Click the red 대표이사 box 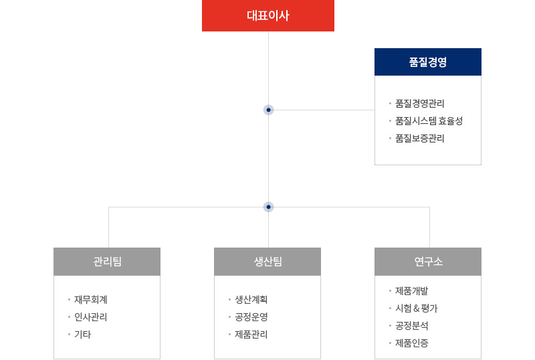tap(268, 15)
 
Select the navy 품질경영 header tap(428, 62)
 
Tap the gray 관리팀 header tap(107, 262)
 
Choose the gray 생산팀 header tap(267, 262)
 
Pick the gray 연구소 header tap(428, 262)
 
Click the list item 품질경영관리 tap(420, 104)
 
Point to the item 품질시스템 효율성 tap(429, 121)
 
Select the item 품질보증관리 tap(420, 139)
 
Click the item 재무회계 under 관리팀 tap(91, 300)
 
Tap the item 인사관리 tap(91, 317)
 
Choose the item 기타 tap(82, 335)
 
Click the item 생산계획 tap(251, 300)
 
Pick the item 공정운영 tap(251, 317)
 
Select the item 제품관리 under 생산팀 tap(251, 335)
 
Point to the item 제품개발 tap(411, 291)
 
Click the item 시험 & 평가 tap(416, 308)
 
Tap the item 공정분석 tap(411, 326)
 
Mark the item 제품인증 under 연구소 tap(411, 343)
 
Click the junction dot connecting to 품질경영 tap(269, 110)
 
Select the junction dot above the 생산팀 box tap(269, 207)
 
